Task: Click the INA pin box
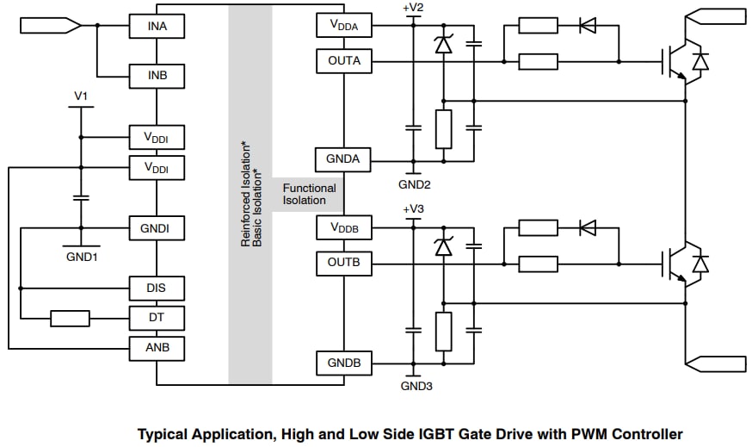[x=157, y=27]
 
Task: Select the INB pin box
[x=157, y=76]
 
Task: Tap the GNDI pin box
[x=155, y=228]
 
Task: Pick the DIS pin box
[x=156, y=288]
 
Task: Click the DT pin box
[x=156, y=318]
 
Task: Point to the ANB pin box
[x=156, y=348]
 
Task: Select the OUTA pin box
[x=344, y=61]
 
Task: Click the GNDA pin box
[x=343, y=159]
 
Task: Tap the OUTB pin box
[x=344, y=262]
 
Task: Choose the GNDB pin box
[x=343, y=363]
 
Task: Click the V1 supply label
[x=81, y=96]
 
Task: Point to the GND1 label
[x=82, y=257]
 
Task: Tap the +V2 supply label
[x=413, y=8]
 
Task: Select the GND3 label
[x=414, y=386]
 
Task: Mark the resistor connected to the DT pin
[x=70, y=319]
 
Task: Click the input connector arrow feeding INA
[x=50, y=26]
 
